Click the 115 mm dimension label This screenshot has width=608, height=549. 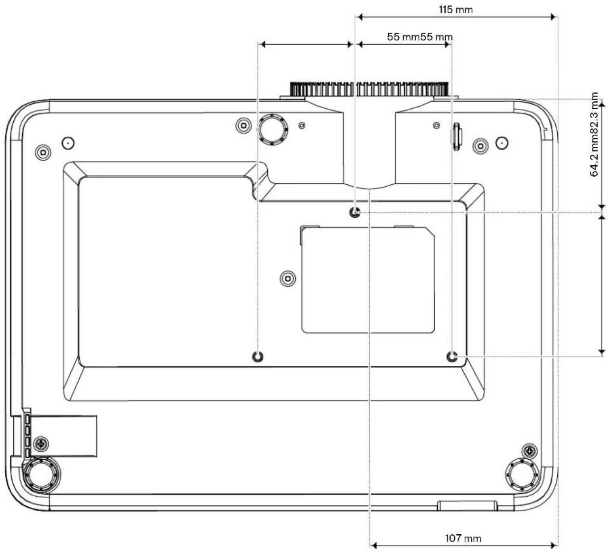(x=456, y=9)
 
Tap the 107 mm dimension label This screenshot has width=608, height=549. (x=463, y=539)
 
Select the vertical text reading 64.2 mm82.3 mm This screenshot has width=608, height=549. (x=594, y=134)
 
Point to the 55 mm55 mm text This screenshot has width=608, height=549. (x=420, y=37)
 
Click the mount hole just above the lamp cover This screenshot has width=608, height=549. (x=355, y=212)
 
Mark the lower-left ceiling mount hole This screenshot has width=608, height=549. (x=258, y=357)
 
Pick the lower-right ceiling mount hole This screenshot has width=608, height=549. (x=452, y=357)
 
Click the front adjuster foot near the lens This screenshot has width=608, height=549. (x=272, y=130)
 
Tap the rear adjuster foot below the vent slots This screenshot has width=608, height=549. (x=42, y=475)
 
